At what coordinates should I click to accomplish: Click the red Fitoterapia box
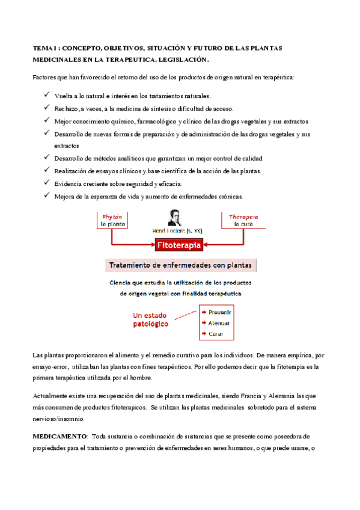[x=179, y=245]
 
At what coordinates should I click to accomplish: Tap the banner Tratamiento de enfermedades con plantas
[x=180, y=265]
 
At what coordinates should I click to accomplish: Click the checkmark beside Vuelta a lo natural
[x=47, y=94]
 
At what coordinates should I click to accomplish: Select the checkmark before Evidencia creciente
[x=47, y=183]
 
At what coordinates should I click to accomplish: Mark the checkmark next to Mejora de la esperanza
[x=47, y=195]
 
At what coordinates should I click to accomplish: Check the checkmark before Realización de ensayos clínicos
[x=47, y=170]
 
